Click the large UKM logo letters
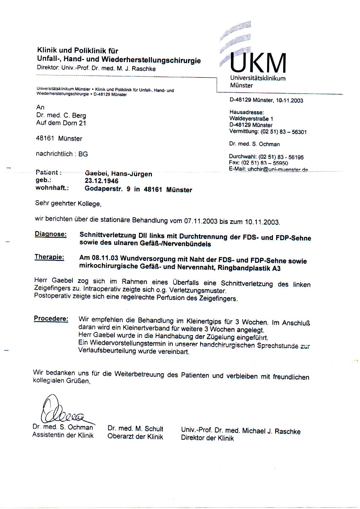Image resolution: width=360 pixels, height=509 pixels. coord(258,63)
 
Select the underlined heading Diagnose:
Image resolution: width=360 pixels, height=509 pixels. coord(51,234)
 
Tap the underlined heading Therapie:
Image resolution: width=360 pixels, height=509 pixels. coord(49,257)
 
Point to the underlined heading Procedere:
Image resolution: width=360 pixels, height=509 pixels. coord(51,319)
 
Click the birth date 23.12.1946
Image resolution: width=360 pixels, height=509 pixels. coord(102,181)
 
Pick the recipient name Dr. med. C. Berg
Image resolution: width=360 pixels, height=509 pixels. coord(61,116)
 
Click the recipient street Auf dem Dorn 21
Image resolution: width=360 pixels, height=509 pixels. coord(61,123)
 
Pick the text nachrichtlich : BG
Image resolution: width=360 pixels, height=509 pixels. coord(62,154)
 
